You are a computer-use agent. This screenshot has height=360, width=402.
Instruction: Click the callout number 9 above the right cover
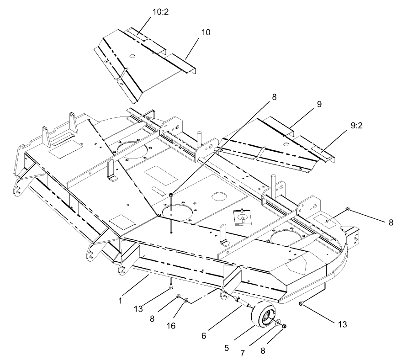[x=318, y=104]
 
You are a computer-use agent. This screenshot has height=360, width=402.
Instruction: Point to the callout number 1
[x=121, y=301]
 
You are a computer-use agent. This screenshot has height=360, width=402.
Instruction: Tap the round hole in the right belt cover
[x=286, y=145]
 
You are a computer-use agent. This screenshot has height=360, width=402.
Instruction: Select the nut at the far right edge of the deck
[x=348, y=209]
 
